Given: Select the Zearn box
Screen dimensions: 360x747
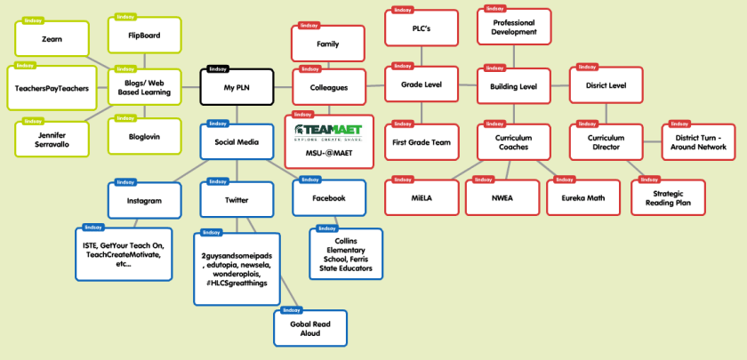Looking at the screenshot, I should click(52, 39).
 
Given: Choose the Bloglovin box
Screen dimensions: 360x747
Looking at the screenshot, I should click(144, 135).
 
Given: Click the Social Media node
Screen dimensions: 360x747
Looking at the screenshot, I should click(237, 141).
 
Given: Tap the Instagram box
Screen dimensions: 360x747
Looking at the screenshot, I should click(144, 200).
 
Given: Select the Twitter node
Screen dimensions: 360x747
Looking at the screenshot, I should click(237, 200).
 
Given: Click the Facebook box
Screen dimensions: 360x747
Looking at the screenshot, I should click(328, 197).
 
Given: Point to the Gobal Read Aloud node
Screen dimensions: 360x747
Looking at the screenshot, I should click(310, 328).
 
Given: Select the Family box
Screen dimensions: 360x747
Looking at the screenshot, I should click(328, 43).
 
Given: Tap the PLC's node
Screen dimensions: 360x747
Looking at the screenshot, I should click(421, 28).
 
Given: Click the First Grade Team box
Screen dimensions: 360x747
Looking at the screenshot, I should click(421, 141).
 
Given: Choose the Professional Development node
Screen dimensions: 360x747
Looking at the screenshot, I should click(514, 27).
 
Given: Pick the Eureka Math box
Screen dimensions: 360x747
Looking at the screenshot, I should click(582, 197).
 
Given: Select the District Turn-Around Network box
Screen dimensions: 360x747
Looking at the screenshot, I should click(698, 141).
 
